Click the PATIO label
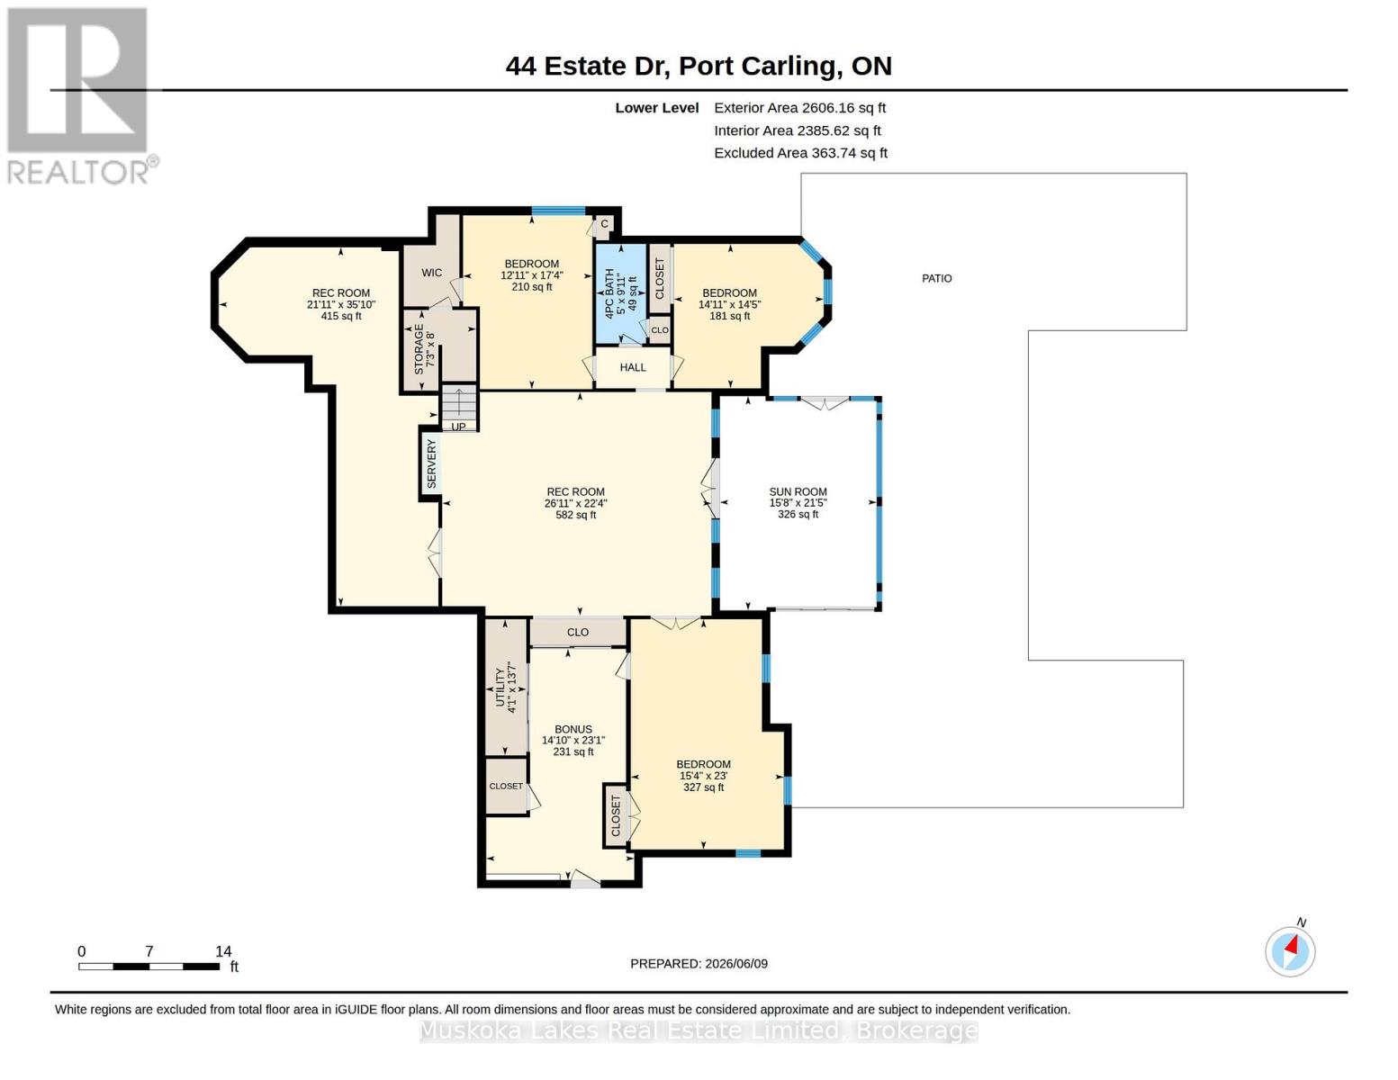click(936, 278)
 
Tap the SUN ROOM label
click(798, 491)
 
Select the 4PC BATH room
click(620, 294)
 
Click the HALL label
click(633, 367)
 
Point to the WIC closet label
click(432, 273)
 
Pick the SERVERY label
click(432, 463)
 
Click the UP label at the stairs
click(458, 427)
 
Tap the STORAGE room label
click(419, 349)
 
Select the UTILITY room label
click(500, 688)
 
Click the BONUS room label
click(573, 729)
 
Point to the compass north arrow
click(1291, 946)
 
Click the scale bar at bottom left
click(149, 966)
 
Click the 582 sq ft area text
click(576, 515)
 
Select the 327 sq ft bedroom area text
click(703, 787)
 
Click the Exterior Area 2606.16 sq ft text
click(799, 108)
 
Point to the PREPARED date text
click(699, 964)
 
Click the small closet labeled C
click(604, 224)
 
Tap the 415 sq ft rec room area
click(341, 316)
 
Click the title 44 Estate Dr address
click(699, 67)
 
